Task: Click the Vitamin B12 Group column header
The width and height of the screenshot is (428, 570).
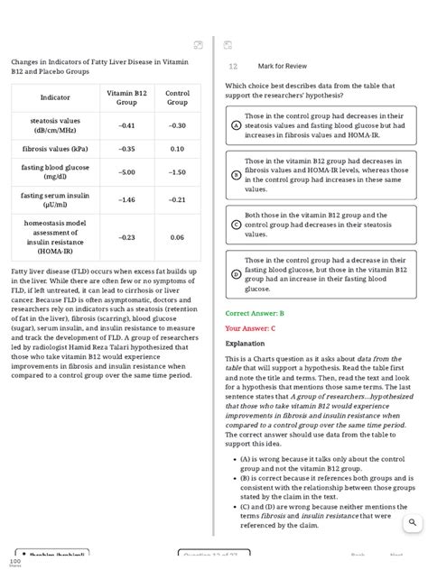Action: coord(127,97)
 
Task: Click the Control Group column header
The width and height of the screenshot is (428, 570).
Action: coord(177,97)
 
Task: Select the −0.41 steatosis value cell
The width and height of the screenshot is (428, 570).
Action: coord(127,125)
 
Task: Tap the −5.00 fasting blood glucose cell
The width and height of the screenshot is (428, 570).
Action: coord(127,171)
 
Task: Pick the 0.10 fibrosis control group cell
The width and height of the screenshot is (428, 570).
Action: coord(177,149)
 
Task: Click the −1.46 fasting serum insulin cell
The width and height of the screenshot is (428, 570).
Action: coord(127,199)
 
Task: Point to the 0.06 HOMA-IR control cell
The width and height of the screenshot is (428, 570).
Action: coord(177,237)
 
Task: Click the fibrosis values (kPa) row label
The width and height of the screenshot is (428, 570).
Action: coord(55,149)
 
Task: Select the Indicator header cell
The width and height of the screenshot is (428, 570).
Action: coord(55,97)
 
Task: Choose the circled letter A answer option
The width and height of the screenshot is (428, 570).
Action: coord(236,126)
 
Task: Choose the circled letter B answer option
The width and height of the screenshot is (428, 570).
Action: coord(236,175)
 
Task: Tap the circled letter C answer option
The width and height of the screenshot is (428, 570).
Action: coord(236,225)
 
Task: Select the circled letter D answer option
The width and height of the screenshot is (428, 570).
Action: coord(236,274)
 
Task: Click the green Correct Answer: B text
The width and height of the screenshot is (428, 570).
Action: coord(255,313)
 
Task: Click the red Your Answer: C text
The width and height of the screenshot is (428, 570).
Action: coord(250,328)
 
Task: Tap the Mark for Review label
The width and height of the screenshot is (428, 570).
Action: coord(282,66)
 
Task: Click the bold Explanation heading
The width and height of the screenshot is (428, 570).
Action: coord(245,344)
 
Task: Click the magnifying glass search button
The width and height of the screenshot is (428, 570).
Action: coord(413,522)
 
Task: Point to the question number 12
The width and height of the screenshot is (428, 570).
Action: coord(233,67)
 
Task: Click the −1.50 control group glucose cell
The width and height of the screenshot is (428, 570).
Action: coord(177,171)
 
